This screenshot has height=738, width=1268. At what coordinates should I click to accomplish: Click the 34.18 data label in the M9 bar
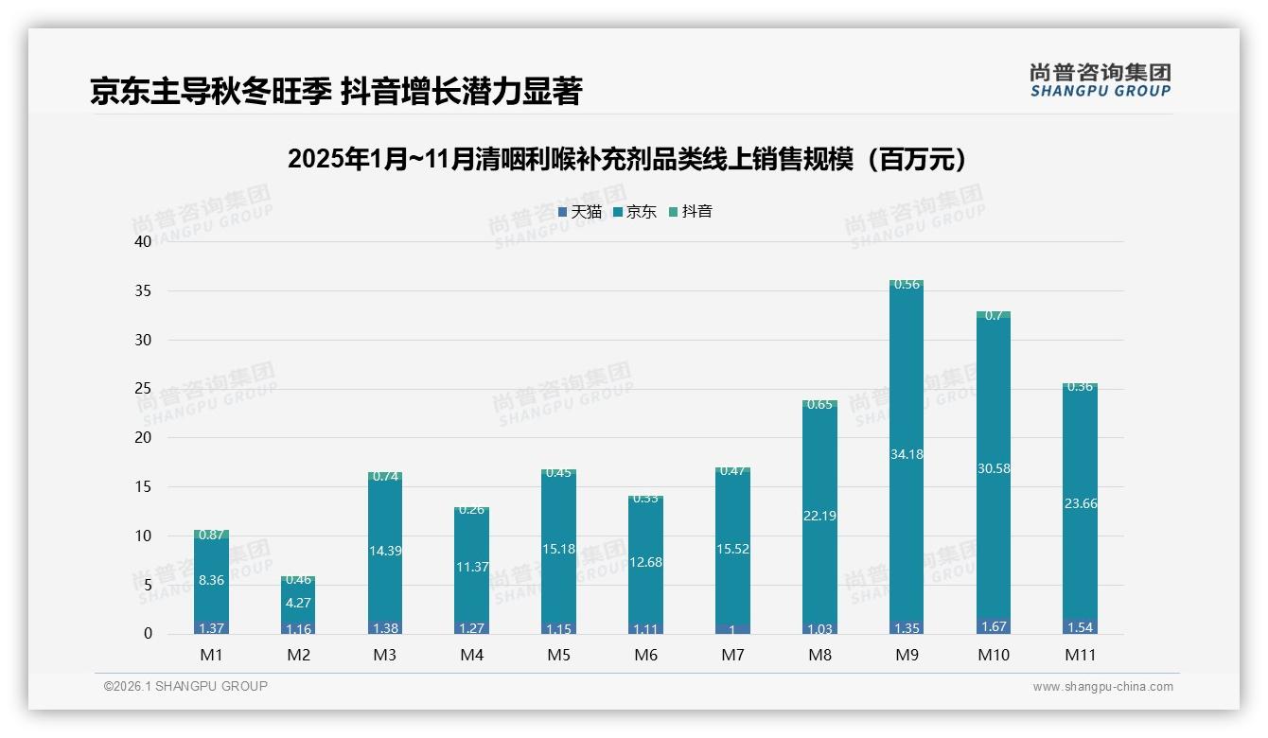[x=907, y=454]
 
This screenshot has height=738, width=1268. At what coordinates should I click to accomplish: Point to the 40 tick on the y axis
[x=143, y=241]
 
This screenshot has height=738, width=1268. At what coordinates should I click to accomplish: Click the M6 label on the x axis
[x=646, y=655]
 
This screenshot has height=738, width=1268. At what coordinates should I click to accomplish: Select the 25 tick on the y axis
[x=143, y=389]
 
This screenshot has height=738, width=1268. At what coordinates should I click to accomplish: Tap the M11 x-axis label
[x=1080, y=655]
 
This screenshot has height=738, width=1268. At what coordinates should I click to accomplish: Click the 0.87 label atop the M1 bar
[x=211, y=535]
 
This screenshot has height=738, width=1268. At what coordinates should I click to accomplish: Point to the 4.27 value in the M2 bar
[x=298, y=602]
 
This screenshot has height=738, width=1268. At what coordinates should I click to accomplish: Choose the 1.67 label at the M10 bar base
[x=994, y=627]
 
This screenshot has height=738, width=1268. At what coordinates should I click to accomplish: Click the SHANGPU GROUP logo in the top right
[x=1100, y=80]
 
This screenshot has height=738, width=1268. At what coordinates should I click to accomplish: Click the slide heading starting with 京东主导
[x=336, y=91]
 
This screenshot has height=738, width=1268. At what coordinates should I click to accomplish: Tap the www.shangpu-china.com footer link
[x=1102, y=687]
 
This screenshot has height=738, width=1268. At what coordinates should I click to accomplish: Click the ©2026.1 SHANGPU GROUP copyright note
[x=185, y=686]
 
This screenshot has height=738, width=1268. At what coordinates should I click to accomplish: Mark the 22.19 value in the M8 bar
[x=819, y=516]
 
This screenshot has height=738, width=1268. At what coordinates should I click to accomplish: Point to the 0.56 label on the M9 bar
[x=907, y=285]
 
